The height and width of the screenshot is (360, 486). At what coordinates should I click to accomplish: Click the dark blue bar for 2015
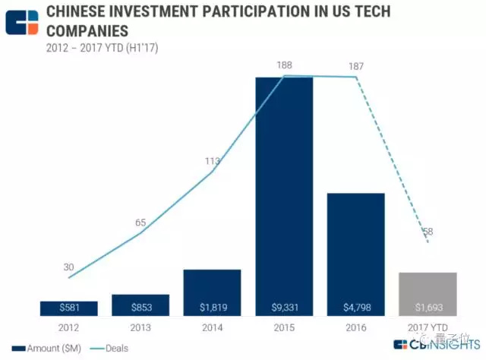click(284, 190)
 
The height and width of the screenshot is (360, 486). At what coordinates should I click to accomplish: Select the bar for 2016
click(356, 251)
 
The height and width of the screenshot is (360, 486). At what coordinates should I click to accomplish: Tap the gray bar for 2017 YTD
click(428, 292)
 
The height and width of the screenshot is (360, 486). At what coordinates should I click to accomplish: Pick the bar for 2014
click(212, 289)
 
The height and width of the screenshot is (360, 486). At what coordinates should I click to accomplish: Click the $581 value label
click(69, 308)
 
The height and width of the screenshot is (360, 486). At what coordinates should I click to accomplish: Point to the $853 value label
click(140, 308)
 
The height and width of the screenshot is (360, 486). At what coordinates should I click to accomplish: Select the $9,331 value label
click(284, 308)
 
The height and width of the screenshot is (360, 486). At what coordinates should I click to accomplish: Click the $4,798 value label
click(356, 308)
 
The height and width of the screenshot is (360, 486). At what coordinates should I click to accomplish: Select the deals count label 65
click(140, 223)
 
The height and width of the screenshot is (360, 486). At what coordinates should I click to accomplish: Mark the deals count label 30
click(68, 267)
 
